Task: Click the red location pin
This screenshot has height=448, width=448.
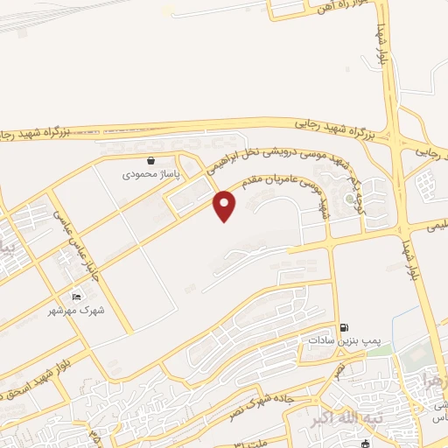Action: pos(226,205)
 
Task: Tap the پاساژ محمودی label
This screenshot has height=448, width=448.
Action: pos(150,175)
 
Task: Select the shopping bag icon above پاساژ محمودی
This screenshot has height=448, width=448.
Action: pos(152,161)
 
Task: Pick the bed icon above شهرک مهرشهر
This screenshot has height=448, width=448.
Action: pos(76,297)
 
